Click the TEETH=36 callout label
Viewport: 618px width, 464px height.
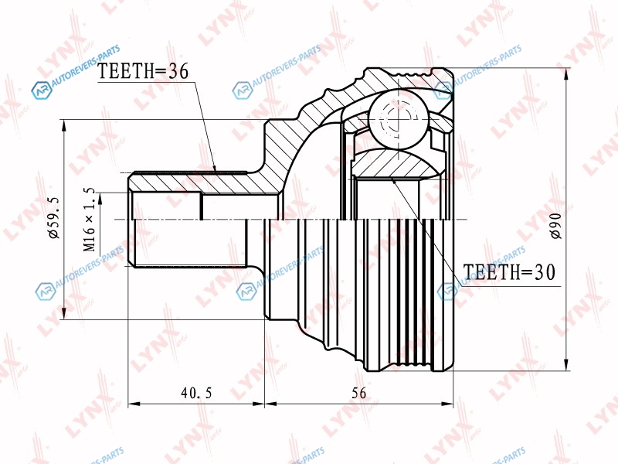[143, 71]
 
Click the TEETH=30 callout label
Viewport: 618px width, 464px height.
[509, 272]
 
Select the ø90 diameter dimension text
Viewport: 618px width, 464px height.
[556, 225]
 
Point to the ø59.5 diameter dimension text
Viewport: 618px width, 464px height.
[53, 218]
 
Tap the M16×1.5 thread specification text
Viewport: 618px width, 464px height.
[90, 220]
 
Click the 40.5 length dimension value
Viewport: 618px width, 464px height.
[197, 393]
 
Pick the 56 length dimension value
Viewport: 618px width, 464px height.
[358, 393]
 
